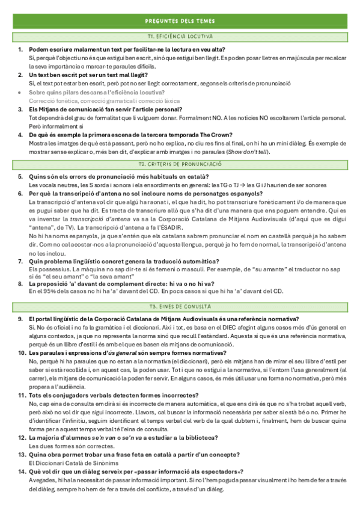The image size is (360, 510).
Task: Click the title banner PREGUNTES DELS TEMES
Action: [x=180, y=21]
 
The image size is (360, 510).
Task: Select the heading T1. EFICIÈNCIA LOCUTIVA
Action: [x=180, y=37]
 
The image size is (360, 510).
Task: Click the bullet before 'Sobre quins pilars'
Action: [x=20, y=93]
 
